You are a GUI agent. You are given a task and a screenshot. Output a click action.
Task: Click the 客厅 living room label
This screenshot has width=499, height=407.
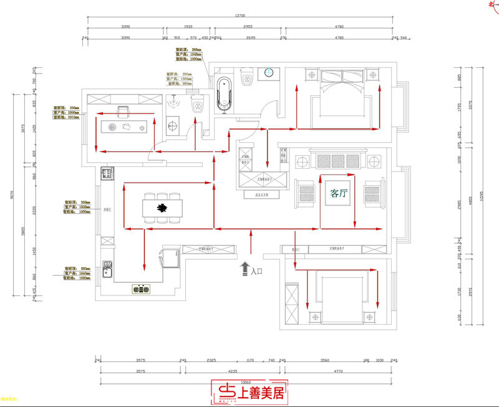(x=339, y=194)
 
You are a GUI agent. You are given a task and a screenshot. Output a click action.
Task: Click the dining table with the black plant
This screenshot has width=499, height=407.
(x=162, y=208)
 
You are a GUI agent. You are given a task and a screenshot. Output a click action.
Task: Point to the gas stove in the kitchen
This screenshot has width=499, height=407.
(x=142, y=289)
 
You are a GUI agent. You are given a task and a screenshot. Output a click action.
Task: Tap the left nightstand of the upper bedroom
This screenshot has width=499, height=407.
(x=310, y=75)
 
